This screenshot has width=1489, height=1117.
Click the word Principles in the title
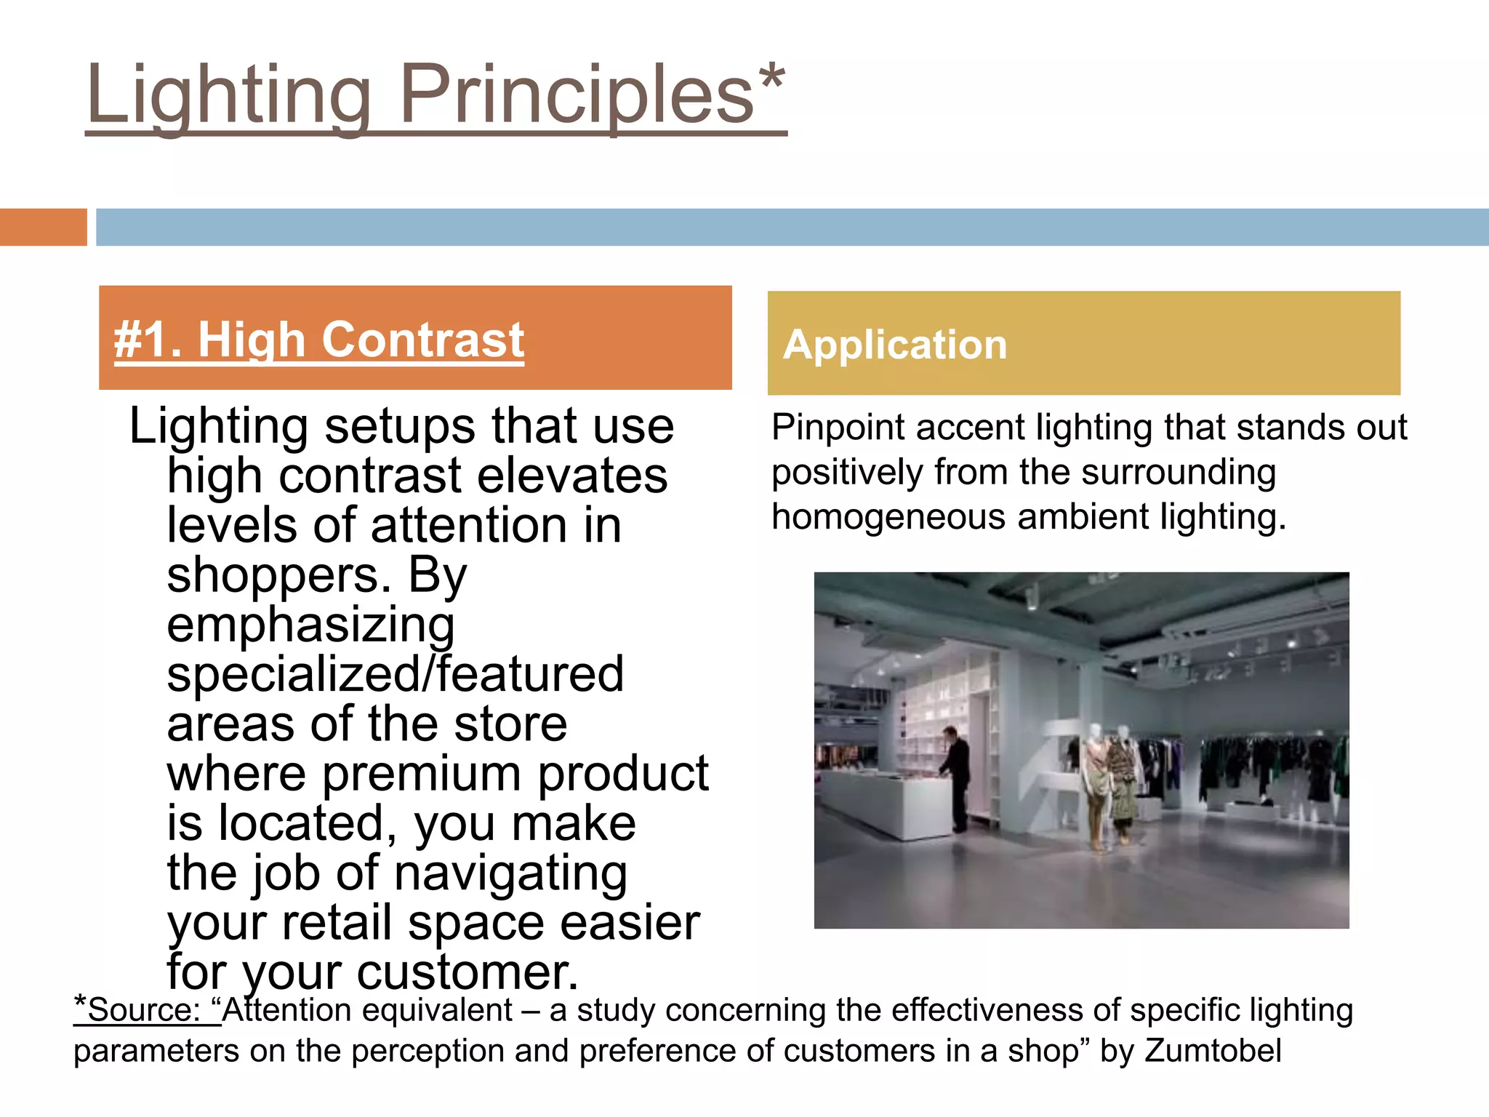(x=577, y=95)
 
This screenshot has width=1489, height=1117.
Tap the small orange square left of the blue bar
(x=43, y=227)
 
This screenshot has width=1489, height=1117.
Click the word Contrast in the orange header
(x=423, y=340)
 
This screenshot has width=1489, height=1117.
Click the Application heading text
(x=895, y=345)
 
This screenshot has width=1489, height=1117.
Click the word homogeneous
(x=888, y=517)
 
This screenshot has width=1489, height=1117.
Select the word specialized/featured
(x=396, y=674)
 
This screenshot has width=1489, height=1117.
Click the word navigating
(x=510, y=873)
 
